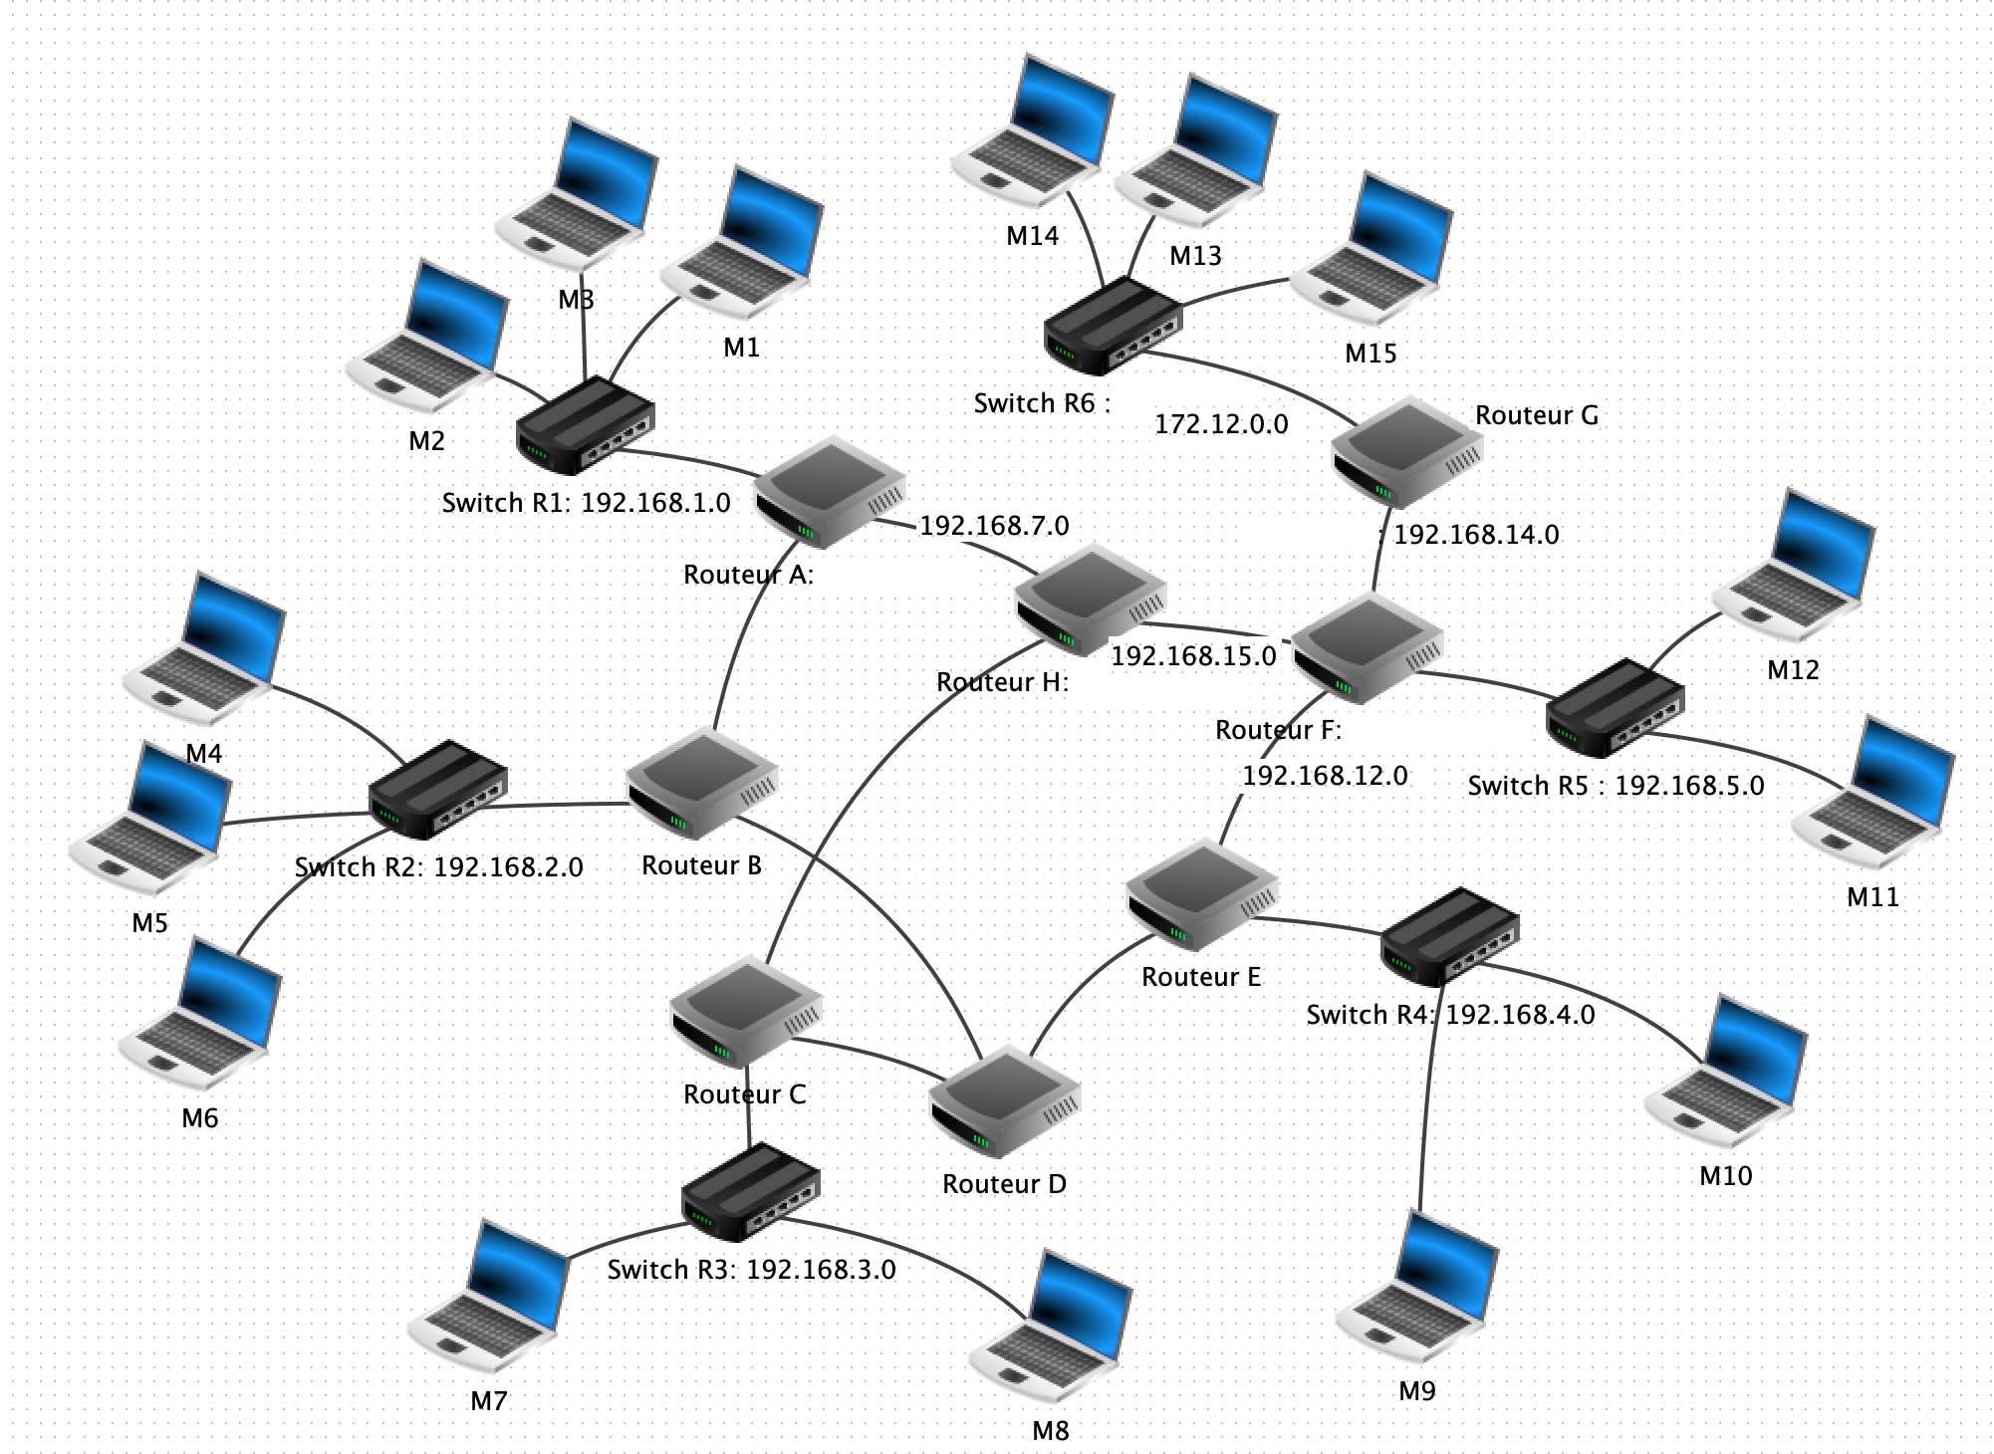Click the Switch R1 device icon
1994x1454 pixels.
tap(586, 426)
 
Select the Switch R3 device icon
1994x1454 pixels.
tap(751, 1191)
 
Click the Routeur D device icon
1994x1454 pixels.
tap(1004, 1100)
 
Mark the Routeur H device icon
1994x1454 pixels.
tap(1090, 598)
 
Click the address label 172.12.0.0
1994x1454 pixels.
tap(1221, 424)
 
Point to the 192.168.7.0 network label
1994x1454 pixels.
tap(994, 525)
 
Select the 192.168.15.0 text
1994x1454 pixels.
tap(1193, 655)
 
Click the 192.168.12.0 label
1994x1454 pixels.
tap(1325, 775)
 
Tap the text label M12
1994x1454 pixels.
tap(1793, 669)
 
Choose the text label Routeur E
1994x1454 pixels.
tap(1201, 977)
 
